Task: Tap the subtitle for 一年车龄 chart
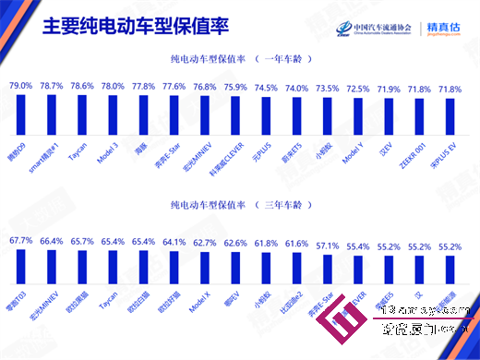(233, 57)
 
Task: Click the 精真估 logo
(444, 28)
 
